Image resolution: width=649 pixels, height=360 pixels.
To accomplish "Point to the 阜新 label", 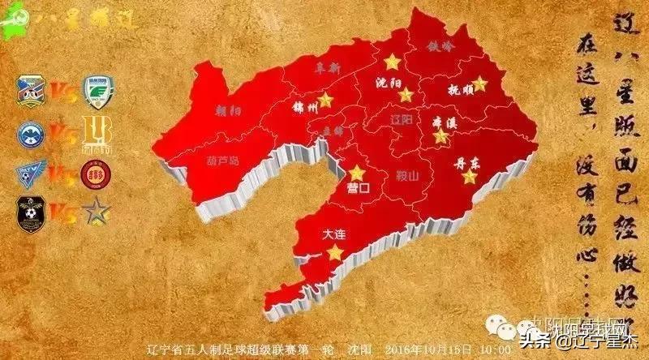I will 328,71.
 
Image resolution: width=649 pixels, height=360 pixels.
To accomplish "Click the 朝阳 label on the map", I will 229,109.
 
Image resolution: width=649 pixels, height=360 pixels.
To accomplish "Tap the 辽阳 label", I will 401,118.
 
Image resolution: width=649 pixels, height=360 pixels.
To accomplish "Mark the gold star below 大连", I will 334,253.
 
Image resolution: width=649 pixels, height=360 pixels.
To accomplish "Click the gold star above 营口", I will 357,172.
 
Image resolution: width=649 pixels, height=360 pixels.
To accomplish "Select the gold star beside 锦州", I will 325,100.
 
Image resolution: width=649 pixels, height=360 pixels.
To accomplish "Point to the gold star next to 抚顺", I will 479,83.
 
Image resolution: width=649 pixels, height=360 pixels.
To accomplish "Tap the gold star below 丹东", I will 469,176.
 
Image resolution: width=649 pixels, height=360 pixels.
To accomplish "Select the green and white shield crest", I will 98,92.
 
